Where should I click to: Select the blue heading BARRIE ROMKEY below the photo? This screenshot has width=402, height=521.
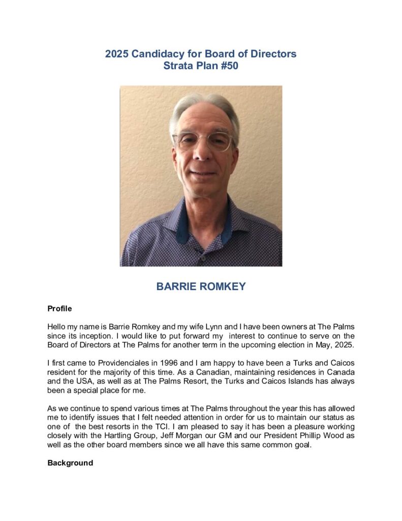[x=201, y=286]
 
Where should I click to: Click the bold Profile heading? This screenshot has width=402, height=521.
[x=59, y=308]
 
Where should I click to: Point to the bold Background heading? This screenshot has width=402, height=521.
[x=70, y=463]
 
